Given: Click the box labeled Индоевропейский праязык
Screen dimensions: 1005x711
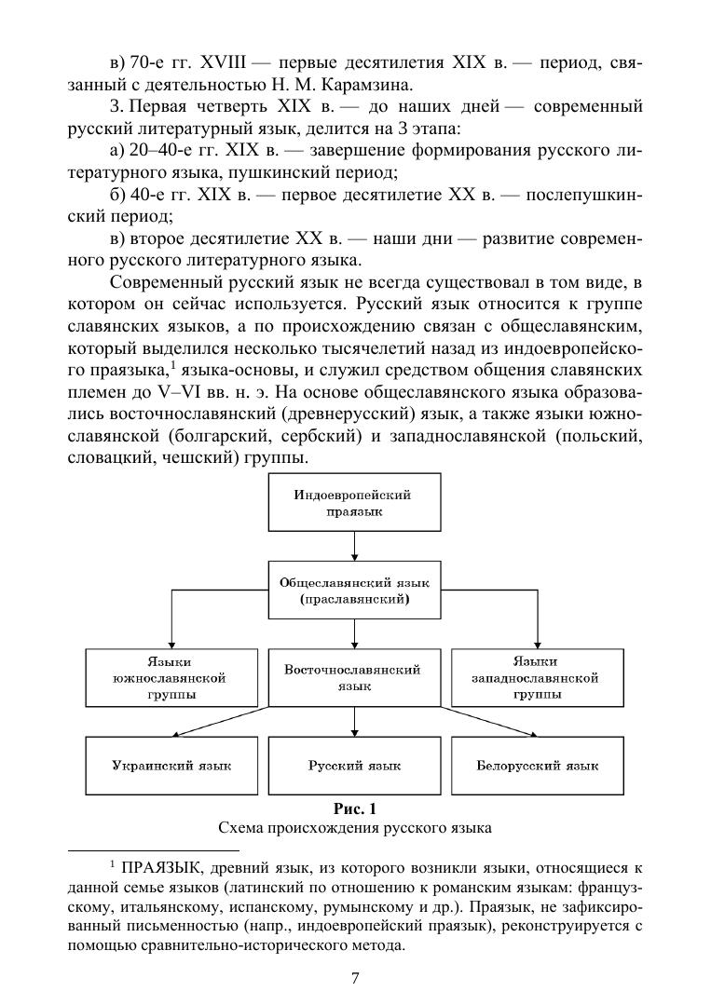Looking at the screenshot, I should click(353, 503).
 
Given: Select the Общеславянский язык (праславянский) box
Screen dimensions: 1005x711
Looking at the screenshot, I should click(353, 591).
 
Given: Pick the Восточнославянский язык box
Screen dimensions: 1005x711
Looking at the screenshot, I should click(353, 678).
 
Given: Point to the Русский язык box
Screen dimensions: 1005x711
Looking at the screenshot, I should click(353, 766).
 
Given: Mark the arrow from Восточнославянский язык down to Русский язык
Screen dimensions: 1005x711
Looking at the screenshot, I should click(353, 723).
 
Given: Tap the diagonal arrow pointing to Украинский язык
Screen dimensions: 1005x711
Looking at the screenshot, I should click(224, 722).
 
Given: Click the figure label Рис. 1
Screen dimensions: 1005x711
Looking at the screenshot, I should click(354, 808).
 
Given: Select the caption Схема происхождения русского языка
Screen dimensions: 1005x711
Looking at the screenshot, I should click(354, 826).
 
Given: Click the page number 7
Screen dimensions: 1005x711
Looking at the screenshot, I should click(355, 977).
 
